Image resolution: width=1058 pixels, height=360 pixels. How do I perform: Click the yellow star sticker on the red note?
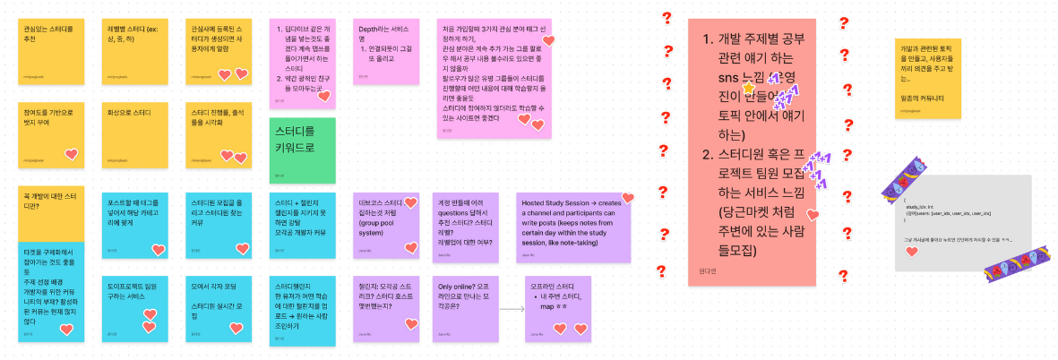click(748, 89)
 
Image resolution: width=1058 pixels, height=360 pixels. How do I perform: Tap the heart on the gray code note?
click(911, 252)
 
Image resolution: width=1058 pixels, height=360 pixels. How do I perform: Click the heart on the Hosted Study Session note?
click(628, 198)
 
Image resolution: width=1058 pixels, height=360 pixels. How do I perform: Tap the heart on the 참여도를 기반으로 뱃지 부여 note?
click(72, 155)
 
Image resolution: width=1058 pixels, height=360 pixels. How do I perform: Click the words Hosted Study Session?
click(556, 202)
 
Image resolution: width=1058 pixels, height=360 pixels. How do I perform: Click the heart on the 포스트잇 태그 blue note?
click(159, 250)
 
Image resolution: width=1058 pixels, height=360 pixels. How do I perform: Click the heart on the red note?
click(813, 215)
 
